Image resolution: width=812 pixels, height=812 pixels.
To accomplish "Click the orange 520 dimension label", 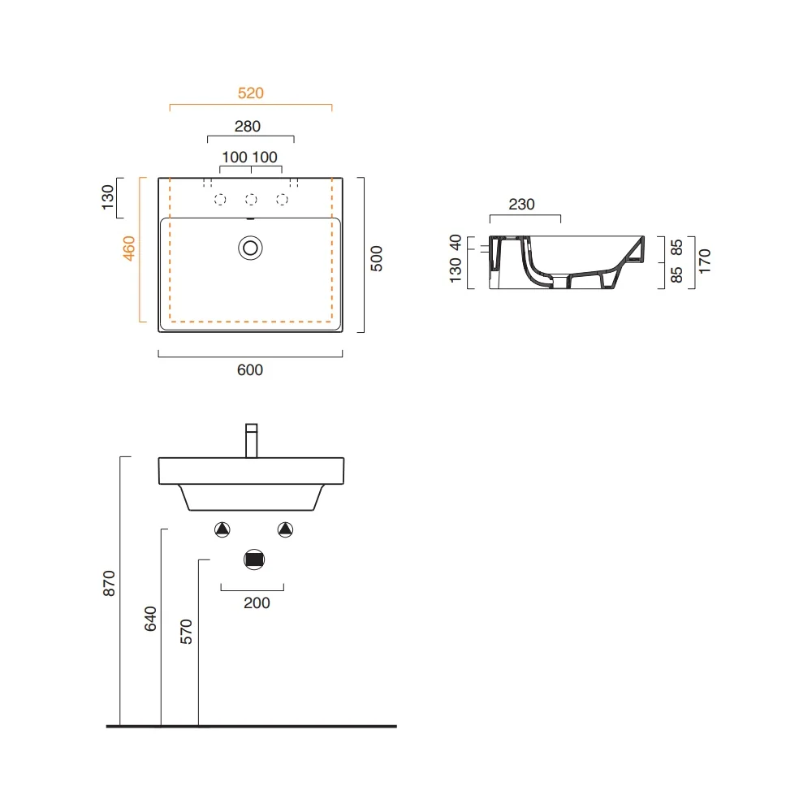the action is click(251, 93).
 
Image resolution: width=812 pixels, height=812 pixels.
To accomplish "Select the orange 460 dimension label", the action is click(128, 248).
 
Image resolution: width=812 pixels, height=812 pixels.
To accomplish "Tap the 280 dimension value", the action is click(248, 127).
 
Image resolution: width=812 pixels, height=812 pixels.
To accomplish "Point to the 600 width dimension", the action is click(250, 369).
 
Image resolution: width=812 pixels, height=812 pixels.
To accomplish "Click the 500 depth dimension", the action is click(377, 258).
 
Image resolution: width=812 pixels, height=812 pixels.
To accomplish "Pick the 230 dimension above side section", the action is click(521, 205).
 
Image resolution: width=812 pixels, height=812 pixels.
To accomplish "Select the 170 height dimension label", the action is click(704, 261).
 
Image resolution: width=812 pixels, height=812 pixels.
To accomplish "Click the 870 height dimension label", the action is click(109, 584).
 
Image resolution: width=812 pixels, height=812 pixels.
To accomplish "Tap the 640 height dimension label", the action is click(150, 619).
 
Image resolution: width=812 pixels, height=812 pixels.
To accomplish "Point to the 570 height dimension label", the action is click(186, 632).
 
